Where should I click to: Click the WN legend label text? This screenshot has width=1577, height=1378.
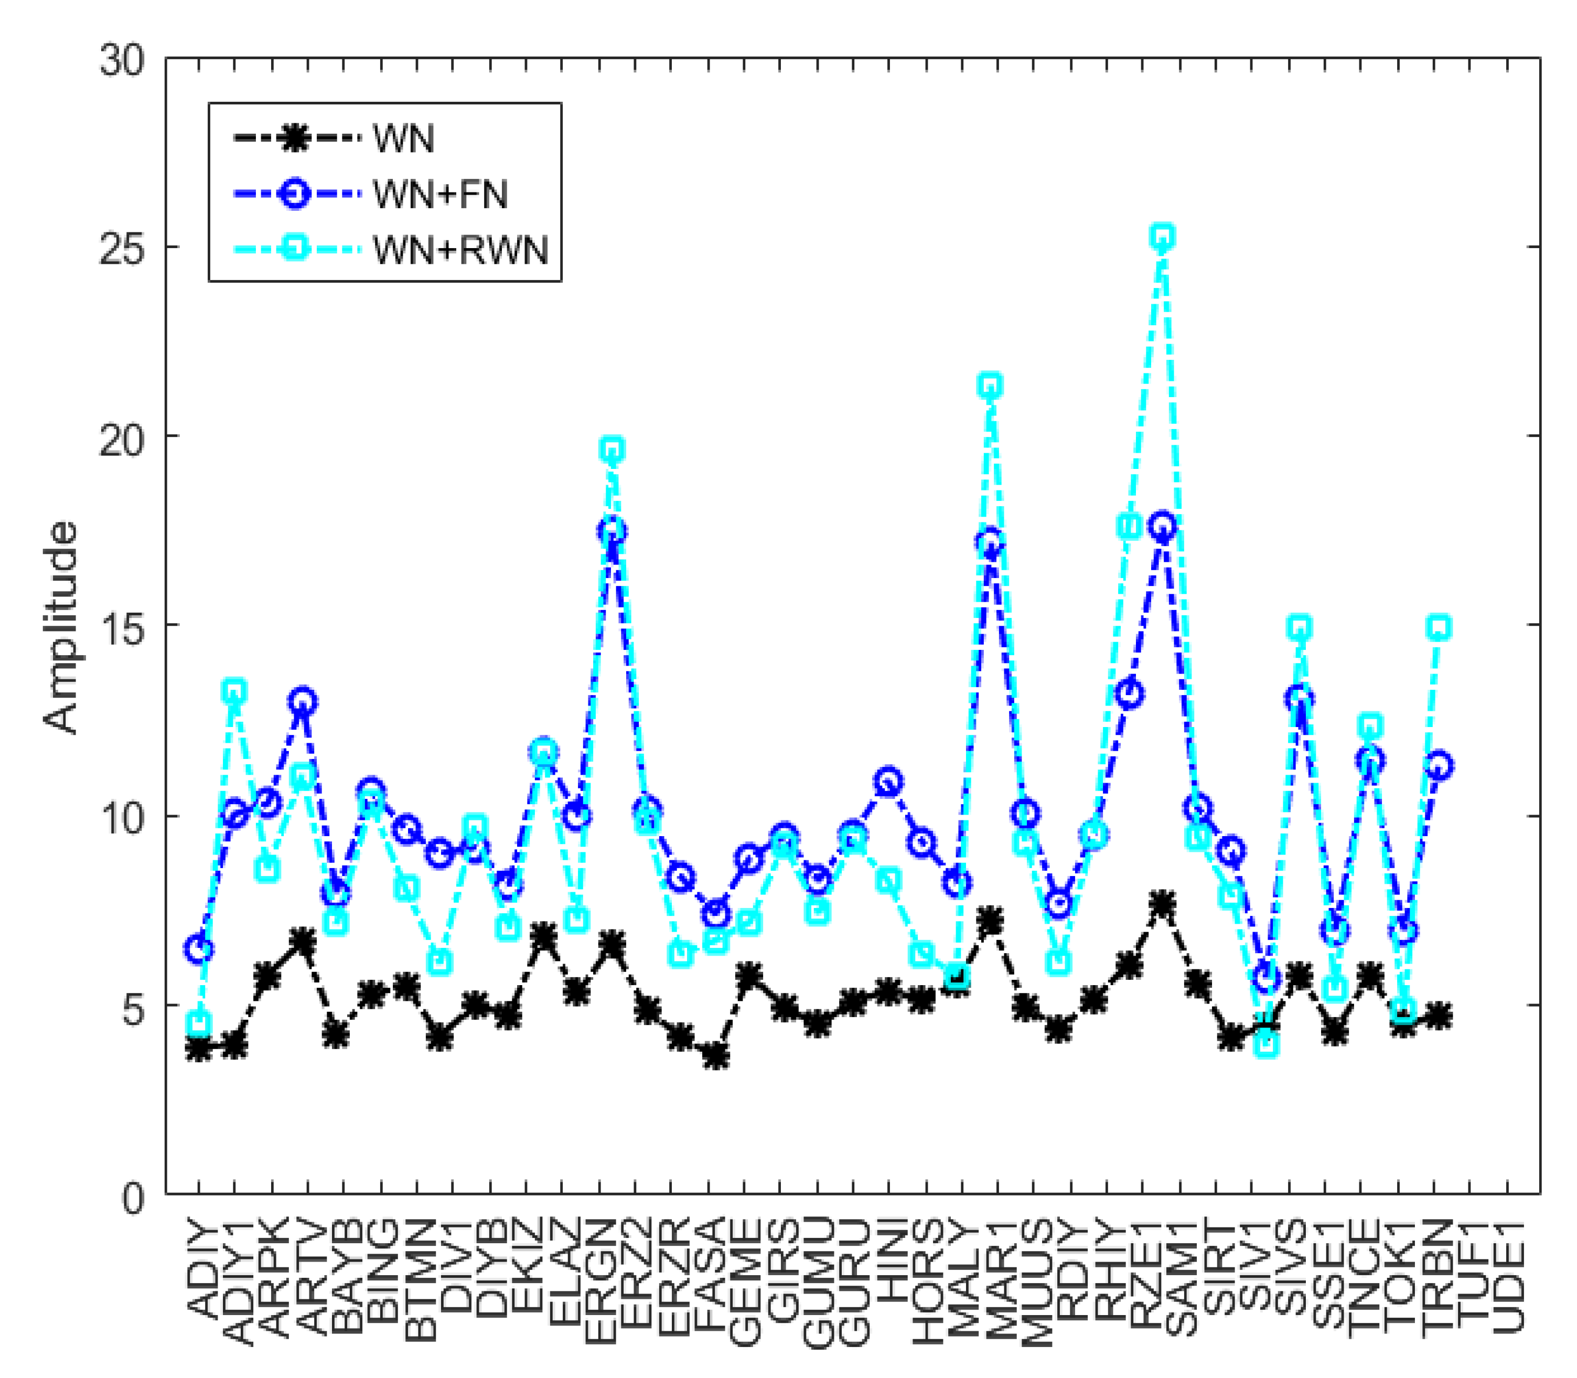point(403,139)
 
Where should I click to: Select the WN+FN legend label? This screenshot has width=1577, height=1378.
point(440,195)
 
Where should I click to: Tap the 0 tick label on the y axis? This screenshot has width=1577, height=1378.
point(132,1197)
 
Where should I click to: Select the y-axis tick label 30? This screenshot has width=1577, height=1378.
point(122,60)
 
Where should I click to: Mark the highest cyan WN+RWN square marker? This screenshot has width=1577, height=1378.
point(1163,238)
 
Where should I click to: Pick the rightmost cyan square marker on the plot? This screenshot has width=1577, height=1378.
point(1439,627)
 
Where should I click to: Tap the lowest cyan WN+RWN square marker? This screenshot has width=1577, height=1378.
point(1267,1044)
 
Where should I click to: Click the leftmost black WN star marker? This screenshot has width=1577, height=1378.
point(199,1048)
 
